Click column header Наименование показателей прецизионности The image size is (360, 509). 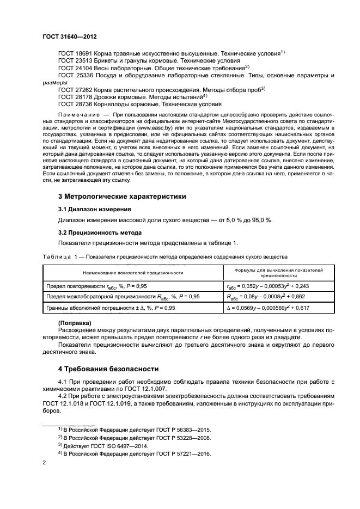(x=132, y=272)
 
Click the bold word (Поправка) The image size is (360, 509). (x=75, y=323)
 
